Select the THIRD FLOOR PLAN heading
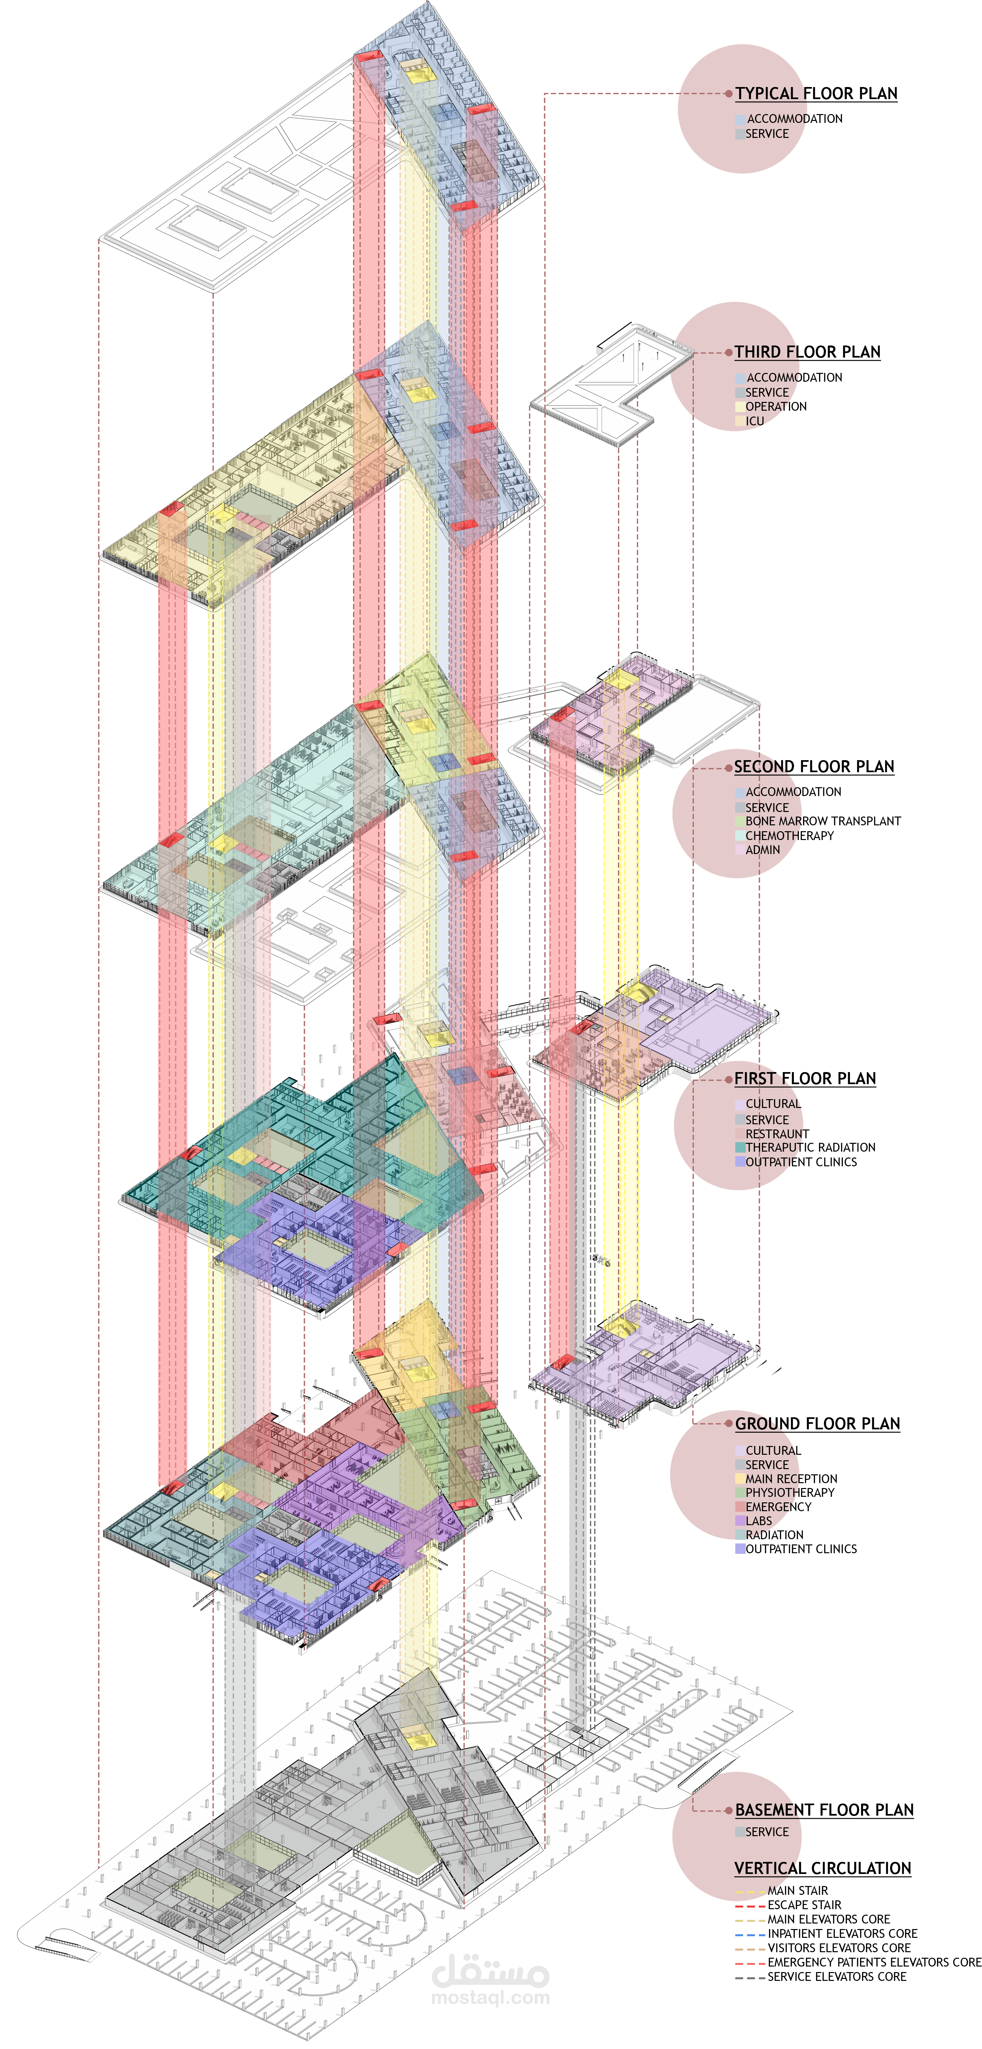(x=807, y=352)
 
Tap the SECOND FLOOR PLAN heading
(x=813, y=767)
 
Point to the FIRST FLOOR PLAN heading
(x=805, y=1079)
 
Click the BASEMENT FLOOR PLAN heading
(x=824, y=1809)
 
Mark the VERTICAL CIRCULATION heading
(x=822, y=1868)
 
